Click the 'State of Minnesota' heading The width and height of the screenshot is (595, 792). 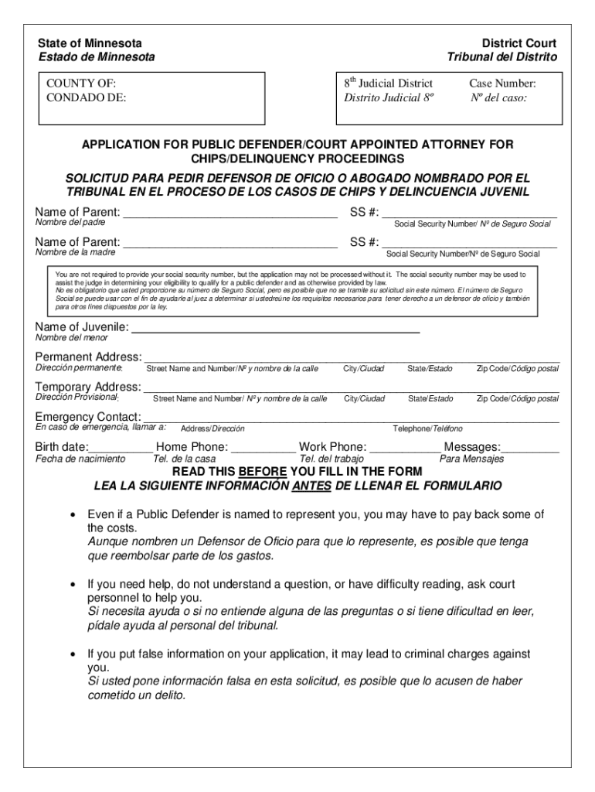click(x=90, y=43)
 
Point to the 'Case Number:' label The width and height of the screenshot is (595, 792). click(x=502, y=84)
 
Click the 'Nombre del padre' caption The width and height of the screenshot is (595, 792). click(x=70, y=223)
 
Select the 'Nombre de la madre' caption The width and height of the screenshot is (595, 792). click(x=76, y=252)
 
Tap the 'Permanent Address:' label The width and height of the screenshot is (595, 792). click(x=88, y=357)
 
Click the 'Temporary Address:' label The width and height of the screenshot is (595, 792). click(x=88, y=387)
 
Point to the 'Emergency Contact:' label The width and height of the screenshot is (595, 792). click(x=88, y=417)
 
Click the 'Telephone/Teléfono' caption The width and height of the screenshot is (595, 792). click(x=427, y=428)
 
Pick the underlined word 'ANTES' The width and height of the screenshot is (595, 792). click(x=313, y=486)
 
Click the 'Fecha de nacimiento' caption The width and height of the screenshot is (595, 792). click(x=80, y=459)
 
